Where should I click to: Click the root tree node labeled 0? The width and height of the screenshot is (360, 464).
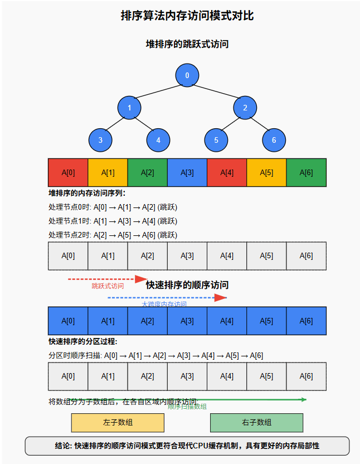coord(187,76)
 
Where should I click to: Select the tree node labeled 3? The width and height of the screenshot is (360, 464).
coord(100,140)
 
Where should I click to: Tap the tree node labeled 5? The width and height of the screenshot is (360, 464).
coord(216,140)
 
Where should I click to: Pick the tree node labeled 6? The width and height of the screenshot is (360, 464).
coord(274,140)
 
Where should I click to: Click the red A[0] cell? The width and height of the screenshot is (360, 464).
coord(68,172)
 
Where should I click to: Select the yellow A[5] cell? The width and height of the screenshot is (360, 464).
coord(266,172)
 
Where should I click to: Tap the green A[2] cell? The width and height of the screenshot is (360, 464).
coord(148,172)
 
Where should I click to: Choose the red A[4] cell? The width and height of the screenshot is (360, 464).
coord(227,172)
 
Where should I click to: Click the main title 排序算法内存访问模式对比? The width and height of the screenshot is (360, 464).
coord(187,16)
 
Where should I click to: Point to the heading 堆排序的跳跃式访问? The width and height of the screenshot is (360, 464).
coord(187,44)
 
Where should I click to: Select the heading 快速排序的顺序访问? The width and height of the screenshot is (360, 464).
coord(187,285)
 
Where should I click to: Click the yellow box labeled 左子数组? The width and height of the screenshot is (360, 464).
coord(118,423)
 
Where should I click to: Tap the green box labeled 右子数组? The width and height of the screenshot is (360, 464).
coord(256,423)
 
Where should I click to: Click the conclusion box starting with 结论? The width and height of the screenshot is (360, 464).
coord(187,446)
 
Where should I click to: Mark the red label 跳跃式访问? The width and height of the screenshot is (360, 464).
coord(108,286)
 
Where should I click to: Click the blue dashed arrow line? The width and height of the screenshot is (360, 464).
coord(162,298)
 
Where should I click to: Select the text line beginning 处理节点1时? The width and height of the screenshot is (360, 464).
coord(113,221)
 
